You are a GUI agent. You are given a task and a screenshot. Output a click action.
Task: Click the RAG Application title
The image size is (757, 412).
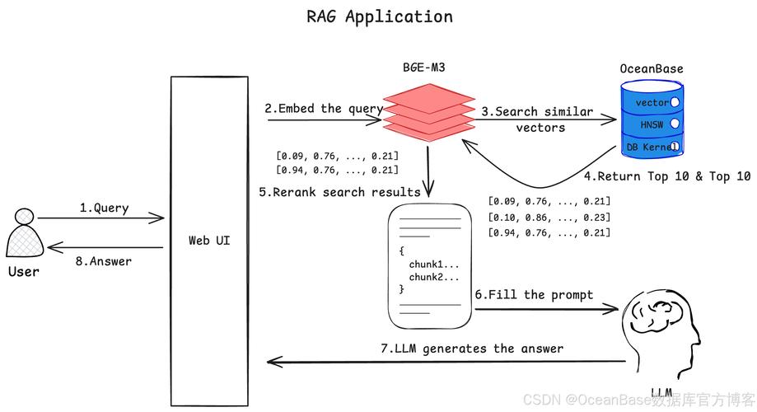pyautogui.click(x=379, y=16)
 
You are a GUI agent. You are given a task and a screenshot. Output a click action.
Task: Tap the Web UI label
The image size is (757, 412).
pyautogui.click(x=209, y=241)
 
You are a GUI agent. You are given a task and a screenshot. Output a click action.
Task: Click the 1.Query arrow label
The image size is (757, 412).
pyautogui.click(x=104, y=208)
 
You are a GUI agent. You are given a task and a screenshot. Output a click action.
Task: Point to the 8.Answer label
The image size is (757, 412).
pyautogui.click(x=104, y=261)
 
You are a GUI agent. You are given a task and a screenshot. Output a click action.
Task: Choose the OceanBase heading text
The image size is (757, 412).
pyautogui.click(x=652, y=68)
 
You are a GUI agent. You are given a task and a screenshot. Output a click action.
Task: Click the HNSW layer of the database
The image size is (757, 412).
pyautogui.click(x=651, y=124)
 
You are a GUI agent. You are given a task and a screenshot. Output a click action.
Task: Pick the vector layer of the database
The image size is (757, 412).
pyautogui.click(x=652, y=103)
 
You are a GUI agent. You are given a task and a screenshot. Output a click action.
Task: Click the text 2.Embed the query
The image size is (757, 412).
pyautogui.click(x=324, y=109)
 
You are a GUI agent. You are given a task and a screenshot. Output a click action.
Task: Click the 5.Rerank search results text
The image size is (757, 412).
pyautogui.click(x=339, y=192)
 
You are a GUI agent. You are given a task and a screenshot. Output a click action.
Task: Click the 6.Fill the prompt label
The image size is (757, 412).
pyautogui.click(x=533, y=294)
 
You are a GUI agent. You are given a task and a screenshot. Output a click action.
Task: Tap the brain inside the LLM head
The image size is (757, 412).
pyautogui.click(x=659, y=316)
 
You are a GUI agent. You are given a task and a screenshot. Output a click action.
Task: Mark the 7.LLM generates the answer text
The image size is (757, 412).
pyautogui.click(x=472, y=349)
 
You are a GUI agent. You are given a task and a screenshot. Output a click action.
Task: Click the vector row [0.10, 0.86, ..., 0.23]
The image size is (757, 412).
pyautogui.click(x=549, y=217)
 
